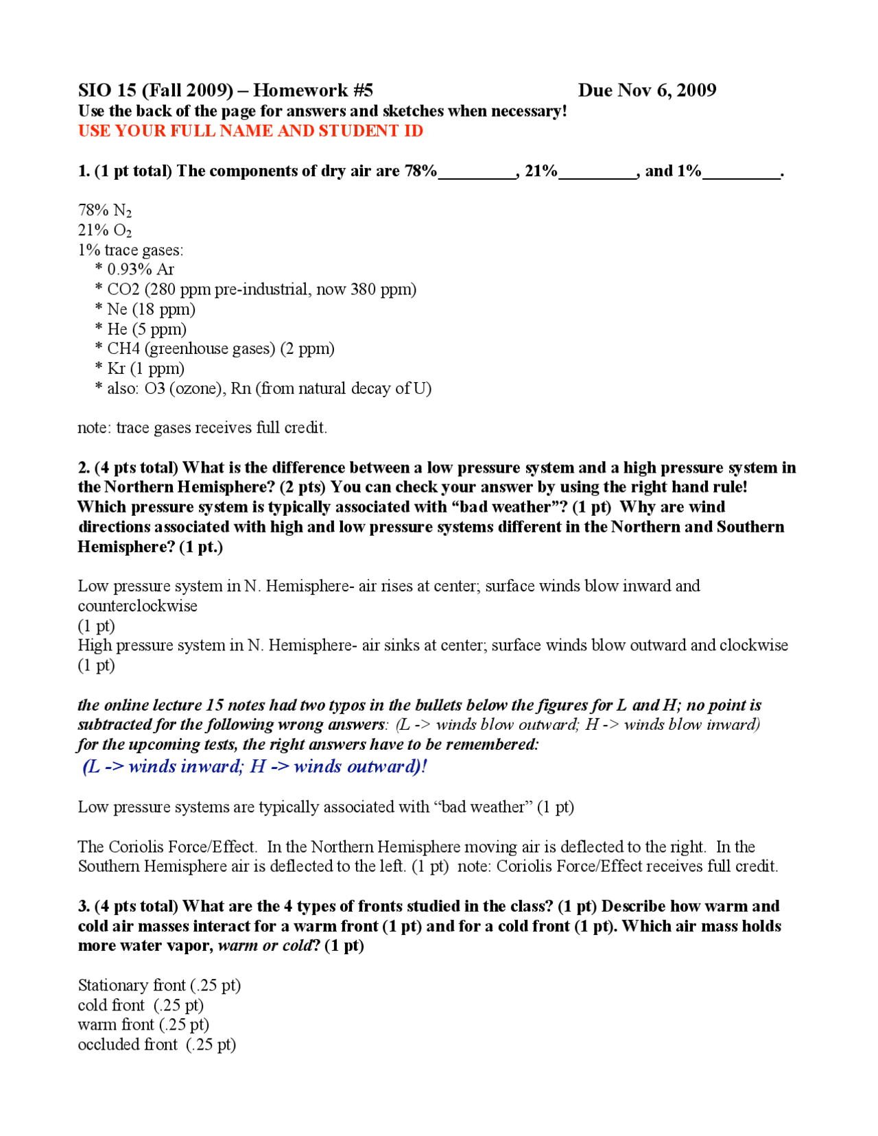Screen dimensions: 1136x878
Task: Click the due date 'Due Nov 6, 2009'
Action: [647, 91]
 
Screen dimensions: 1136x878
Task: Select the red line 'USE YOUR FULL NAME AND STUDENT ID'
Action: [250, 131]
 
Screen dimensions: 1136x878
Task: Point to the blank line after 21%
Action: [599, 173]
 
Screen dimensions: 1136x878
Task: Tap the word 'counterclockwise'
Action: [137, 606]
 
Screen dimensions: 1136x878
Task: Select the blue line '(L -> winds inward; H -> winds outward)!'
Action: [254, 767]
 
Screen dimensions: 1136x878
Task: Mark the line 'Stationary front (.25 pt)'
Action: [159, 986]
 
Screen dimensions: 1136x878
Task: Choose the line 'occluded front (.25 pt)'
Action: [157, 1045]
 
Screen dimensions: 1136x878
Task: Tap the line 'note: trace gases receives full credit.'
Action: [202, 428]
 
